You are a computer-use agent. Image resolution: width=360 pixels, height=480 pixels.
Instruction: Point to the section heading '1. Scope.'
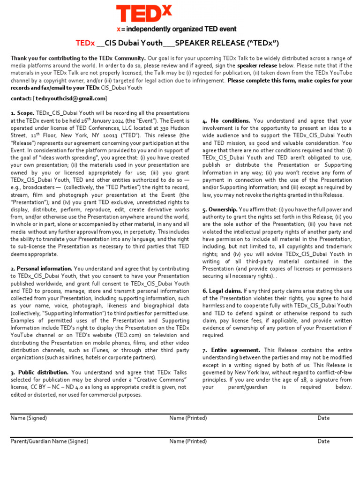tap(22, 113)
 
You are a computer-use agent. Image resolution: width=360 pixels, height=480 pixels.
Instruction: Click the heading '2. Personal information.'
tap(41, 269)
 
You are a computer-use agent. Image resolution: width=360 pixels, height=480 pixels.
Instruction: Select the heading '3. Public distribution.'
tap(40, 372)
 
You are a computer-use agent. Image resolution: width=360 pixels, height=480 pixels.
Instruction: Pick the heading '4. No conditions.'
tap(226, 120)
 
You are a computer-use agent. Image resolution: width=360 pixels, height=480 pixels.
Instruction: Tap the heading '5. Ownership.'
tap(219, 210)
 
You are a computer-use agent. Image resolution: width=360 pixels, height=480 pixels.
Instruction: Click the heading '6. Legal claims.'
tap(222, 291)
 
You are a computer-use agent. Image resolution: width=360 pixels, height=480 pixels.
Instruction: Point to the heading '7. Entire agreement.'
tap(231, 350)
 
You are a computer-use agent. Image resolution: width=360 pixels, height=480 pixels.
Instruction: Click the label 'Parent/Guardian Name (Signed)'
tap(49, 441)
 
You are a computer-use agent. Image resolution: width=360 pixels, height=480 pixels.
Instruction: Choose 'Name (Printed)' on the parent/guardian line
tap(188, 441)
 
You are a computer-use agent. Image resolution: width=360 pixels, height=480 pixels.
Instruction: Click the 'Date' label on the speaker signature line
tap(323, 418)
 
